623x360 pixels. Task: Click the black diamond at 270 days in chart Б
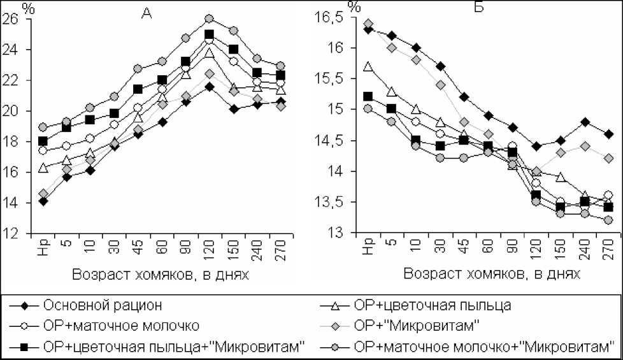(608, 134)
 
